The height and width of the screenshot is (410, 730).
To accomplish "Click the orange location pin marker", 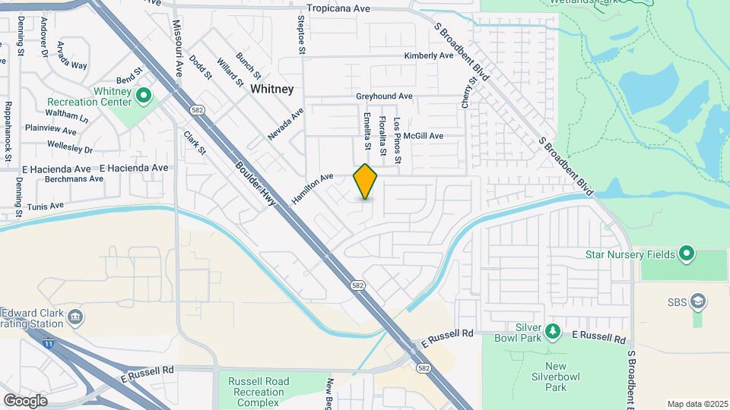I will pos(366,182).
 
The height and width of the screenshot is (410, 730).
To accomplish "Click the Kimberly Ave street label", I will pos(429,56).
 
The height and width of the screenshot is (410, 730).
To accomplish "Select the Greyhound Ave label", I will pos(384,97).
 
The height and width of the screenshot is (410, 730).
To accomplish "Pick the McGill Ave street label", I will pos(424,136).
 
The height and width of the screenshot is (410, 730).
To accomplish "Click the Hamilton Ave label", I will pos(313,188).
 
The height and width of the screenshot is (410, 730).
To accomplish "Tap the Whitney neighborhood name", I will pos(271,89).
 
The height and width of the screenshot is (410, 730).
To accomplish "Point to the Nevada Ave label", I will pos(285,124).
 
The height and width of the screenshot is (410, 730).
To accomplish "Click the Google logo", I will pos(25,400).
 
